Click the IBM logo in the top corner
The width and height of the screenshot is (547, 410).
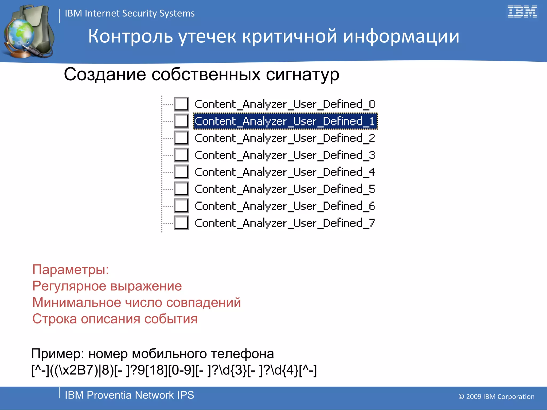pos(522,12)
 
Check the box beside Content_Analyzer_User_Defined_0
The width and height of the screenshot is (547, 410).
pos(181,104)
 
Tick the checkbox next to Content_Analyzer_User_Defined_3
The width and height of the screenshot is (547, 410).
pos(181,155)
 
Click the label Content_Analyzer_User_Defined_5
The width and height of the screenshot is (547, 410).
pos(285,189)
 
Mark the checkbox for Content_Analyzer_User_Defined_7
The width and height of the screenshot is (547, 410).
pos(181,223)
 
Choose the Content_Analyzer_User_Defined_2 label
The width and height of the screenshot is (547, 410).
pos(285,138)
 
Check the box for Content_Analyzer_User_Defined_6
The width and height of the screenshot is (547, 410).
pos(181,206)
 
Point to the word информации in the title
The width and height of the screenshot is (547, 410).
pos(401,36)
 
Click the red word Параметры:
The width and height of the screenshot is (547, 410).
pos(71,269)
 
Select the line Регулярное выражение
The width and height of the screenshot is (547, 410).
pos(107,286)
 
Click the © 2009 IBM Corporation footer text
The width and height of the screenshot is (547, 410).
pos(496,397)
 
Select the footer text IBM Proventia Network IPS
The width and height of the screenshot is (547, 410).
pos(129,395)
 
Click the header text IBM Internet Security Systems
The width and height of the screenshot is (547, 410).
pos(130,13)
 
